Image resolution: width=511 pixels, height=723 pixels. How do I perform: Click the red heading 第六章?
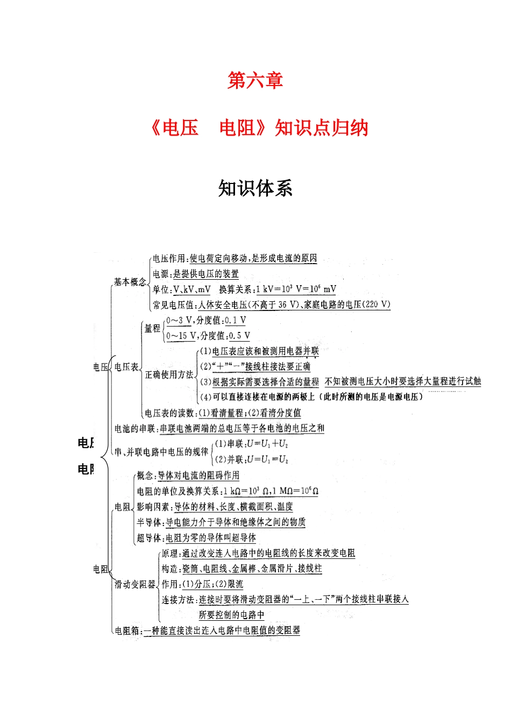[x=255, y=81]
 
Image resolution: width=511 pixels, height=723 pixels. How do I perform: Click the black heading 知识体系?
[x=255, y=188]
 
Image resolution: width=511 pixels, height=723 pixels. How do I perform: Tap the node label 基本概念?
[x=129, y=281]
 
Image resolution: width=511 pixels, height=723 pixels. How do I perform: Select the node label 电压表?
[x=126, y=367]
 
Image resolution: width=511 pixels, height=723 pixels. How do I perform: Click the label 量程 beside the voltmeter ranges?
[x=152, y=328]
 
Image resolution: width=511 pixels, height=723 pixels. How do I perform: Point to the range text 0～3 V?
[x=179, y=320]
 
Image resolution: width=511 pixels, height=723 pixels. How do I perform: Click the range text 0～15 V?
[x=181, y=336]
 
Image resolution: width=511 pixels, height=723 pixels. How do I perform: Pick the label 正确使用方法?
[x=169, y=374]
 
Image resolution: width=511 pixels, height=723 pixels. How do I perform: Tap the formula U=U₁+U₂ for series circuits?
[x=267, y=444]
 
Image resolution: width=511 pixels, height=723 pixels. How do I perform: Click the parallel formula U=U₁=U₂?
[x=267, y=459]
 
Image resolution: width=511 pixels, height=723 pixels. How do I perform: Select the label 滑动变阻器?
[x=134, y=584]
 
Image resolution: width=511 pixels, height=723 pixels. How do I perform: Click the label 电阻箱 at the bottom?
[x=127, y=630]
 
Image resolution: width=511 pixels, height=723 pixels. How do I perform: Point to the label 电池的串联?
[x=134, y=428]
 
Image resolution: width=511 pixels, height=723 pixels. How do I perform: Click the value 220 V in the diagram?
[x=377, y=304]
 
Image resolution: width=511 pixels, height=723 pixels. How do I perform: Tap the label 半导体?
[x=148, y=522]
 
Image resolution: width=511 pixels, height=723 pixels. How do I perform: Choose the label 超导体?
[x=148, y=538]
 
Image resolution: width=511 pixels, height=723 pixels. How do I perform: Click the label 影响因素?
[x=153, y=507]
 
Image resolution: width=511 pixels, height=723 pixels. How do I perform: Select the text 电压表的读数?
[x=169, y=413]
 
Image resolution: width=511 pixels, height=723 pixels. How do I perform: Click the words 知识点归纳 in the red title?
[x=321, y=128]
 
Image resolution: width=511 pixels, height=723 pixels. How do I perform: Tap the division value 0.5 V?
[x=239, y=336]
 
